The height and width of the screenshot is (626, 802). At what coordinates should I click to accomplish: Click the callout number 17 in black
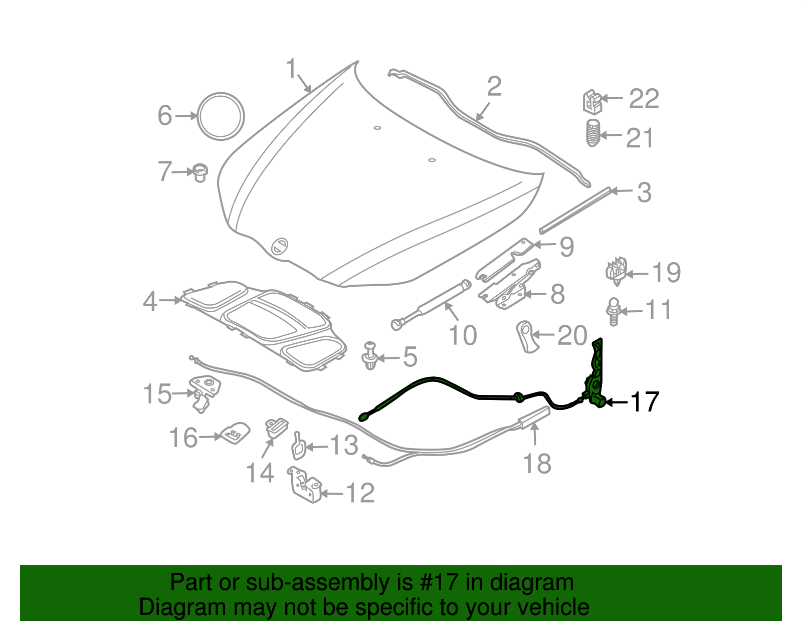tap(644, 402)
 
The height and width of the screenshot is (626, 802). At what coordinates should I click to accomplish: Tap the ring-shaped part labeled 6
tap(221, 116)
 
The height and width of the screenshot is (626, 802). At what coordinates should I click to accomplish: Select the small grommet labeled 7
tap(200, 172)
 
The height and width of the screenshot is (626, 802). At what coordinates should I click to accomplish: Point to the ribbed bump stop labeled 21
tap(593, 133)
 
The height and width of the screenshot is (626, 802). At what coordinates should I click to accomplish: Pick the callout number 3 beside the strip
tap(644, 193)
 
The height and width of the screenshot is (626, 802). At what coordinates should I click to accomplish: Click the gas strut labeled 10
tap(431, 306)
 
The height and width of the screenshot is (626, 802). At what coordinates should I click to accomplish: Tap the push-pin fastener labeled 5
tap(369, 356)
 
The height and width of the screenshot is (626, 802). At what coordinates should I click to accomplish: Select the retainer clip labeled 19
tap(617, 271)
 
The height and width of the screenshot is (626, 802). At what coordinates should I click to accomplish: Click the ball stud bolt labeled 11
tap(614, 312)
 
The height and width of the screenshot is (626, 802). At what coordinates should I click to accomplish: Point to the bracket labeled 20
tap(526, 336)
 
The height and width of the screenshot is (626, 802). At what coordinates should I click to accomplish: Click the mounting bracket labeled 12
tap(304, 485)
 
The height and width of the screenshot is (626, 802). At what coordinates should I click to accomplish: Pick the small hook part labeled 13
tap(298, 446)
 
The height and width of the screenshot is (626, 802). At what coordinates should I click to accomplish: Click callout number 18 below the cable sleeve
tap(537, 464)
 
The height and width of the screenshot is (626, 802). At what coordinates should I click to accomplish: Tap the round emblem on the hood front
tap(279, 246)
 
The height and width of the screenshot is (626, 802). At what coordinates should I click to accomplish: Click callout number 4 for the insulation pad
tap(150, 302)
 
